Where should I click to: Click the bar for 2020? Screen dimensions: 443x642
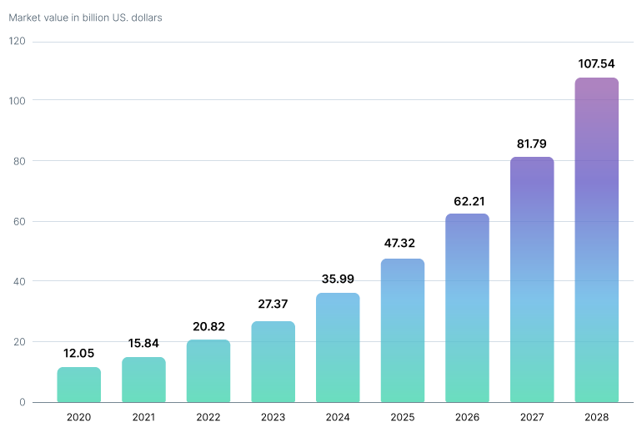(79, 385)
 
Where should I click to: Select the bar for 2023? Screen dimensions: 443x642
(273, 362)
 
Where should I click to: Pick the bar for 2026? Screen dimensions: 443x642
(467, 308)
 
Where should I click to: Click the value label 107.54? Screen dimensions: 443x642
(597, 63)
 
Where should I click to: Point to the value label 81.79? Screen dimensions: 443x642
(532, 143)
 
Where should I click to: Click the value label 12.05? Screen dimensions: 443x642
(79, 354)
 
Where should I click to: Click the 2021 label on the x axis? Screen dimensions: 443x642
(143, 417)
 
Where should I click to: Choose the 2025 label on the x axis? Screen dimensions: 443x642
(403, 417)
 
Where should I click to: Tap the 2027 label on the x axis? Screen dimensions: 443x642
(532, 417)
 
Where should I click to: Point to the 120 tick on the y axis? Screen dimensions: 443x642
(18, 41)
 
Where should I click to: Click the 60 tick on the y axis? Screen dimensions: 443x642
(19, 221)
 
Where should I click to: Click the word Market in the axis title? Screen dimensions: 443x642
(26, 18)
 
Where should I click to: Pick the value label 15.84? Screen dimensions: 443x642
(143, 344)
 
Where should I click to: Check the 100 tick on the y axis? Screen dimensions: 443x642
(18, 101)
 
